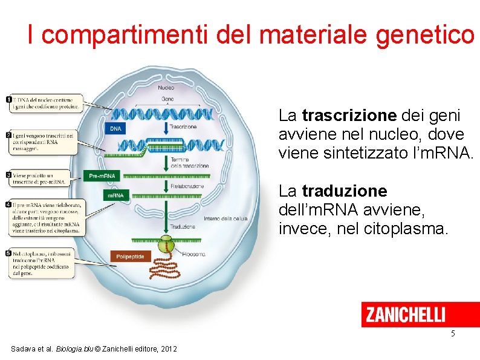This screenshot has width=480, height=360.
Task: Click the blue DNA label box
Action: coord(115,129)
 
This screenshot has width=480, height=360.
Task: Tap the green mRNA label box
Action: coord(115,195)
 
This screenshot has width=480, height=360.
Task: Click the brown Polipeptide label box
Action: coord(130,257)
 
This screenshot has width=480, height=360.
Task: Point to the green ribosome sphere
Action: coord(165,246)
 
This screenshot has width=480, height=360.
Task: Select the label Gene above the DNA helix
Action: coord(167,99)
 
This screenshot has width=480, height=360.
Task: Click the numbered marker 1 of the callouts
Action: coord(8,99)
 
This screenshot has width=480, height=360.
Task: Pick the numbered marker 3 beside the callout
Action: coord(8,175)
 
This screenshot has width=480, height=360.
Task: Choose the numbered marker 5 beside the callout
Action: coord(8,253)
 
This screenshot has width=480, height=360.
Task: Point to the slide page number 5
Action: coord(452,335)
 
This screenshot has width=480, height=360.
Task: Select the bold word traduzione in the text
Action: coord(345,191)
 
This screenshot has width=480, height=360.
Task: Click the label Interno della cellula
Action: coord(225,218)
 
